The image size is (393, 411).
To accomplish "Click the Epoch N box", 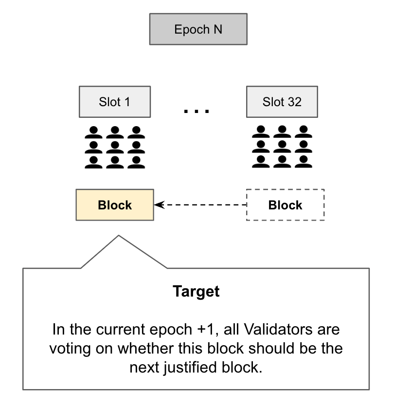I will [198, 29].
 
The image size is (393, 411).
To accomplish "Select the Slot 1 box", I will [115, 102].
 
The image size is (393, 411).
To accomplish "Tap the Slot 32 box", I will [282, 102].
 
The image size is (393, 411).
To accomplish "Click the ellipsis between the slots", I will [196, 112].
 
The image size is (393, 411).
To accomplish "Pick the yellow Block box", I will [115, 205].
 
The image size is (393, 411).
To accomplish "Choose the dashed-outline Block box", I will [285, 205].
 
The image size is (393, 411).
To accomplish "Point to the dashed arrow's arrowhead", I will [158, 205].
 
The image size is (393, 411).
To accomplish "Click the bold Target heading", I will [196, 292].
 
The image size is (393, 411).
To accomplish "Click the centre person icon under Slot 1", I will [115, 147].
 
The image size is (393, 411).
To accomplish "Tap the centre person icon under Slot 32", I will [282, 147].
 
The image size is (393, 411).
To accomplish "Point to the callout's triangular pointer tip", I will [118, 236].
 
